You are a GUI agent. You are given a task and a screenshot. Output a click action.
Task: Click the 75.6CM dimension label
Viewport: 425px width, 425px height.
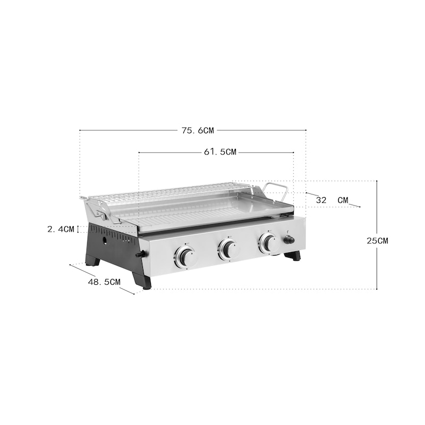[x=198, y=131]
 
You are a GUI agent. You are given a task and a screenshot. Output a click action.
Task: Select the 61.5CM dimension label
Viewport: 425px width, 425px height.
[x=220, y=152]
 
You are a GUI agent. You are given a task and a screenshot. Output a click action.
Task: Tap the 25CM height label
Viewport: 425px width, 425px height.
[x=377, y=241]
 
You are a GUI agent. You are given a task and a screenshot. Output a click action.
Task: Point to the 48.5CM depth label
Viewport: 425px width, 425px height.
[x=104, y=282]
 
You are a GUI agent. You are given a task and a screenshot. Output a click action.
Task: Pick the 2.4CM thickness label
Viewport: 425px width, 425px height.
[x=61, y=229]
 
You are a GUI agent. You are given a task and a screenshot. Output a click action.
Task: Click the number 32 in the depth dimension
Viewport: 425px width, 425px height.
[x=321, y=200]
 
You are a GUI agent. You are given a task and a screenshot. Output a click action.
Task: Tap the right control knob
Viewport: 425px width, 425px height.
[x=269, y=242]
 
